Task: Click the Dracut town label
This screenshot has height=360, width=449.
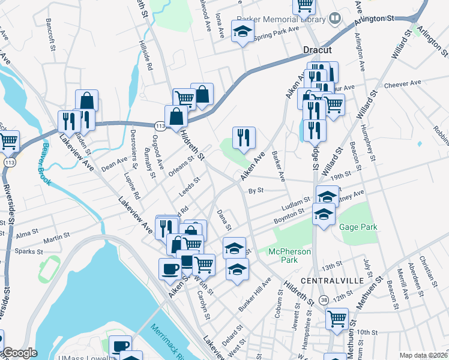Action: click(318, 52)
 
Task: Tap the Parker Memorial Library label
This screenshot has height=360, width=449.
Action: click(276, 20)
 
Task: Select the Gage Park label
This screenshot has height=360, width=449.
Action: click(358, 227)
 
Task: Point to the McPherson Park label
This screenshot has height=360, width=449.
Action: click(283, 256)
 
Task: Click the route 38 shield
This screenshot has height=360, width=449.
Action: click(324, 298)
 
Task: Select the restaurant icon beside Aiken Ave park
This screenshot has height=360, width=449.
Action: click(244, 137)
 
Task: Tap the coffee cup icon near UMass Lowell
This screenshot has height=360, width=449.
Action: click(120, 346)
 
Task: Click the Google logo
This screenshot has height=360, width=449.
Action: click(19, 353)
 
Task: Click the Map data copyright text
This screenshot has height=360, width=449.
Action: click(423, 355)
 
